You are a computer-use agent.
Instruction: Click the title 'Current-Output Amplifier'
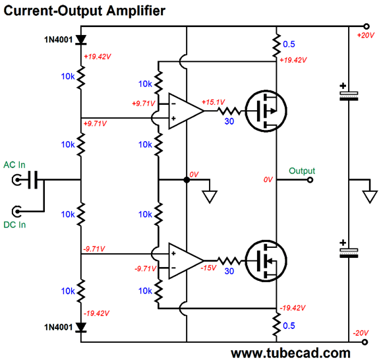click(84, 11)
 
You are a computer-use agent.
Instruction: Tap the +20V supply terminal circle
click(366, 26)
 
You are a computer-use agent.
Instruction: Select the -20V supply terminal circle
click(365, 342)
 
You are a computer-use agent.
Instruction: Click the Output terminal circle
click(310, 180)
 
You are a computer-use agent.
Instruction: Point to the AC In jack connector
click(16, 180)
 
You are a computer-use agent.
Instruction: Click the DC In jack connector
click(16, 212)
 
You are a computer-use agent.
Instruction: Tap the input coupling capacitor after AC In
click(33, 180)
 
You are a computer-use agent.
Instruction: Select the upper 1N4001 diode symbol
click(81, 40)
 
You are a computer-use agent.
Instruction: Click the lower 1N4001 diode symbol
click(81, 327)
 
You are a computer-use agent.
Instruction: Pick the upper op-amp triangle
click(186, 111)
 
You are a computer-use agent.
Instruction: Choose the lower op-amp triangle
click(186, 260)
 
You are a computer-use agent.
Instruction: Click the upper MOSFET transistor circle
click(266, 111)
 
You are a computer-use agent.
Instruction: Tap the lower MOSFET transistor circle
click(266, 260)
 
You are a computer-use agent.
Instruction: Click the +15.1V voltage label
click(213, 102)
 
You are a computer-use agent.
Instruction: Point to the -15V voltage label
click(208, 268)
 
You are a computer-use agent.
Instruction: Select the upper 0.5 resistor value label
click(289, 44)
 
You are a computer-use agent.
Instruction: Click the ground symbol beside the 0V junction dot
click(210, 196)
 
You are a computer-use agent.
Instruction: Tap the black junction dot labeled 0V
click(187, 180)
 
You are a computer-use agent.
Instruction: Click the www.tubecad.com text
click(291, 353)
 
